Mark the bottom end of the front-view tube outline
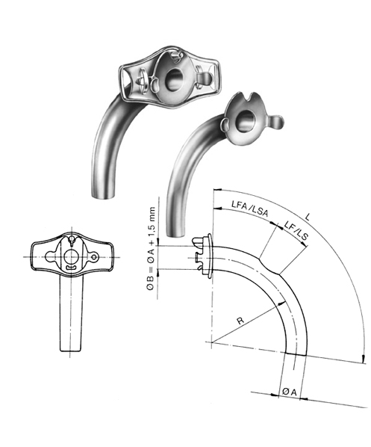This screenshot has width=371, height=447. point(69,351)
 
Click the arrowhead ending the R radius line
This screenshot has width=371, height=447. point(283,299)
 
